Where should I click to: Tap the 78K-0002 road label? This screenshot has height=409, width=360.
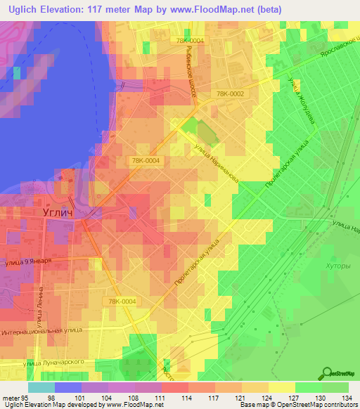[231, 93]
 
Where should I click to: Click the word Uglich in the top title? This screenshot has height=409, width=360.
[25, 8]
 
